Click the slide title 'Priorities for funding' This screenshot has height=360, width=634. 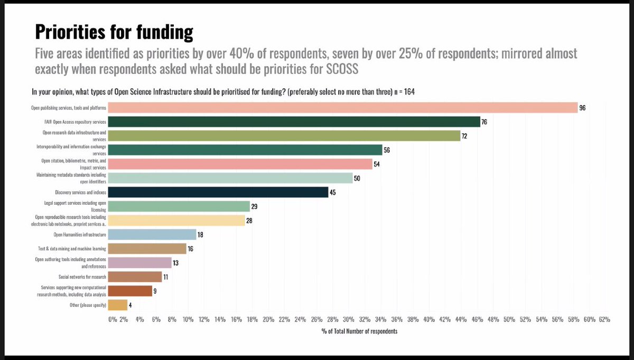coord(114,32)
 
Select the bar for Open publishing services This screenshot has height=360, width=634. coord(343,107)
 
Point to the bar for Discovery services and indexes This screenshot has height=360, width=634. coord(219,192)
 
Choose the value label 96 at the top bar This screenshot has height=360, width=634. coord(583,107)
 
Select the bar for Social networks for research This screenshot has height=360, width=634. coord(136,277)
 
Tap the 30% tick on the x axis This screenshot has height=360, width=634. coord(348,319)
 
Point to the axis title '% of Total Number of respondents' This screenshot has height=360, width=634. coord(359,331)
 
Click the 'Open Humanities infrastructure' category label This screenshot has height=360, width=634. coord(80,234)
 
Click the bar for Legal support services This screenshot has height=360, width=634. coord(180,206)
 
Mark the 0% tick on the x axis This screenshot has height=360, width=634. coord(112,319)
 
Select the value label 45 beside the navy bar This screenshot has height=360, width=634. coord(333,192)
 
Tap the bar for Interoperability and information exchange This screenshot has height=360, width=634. coord(246,150)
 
